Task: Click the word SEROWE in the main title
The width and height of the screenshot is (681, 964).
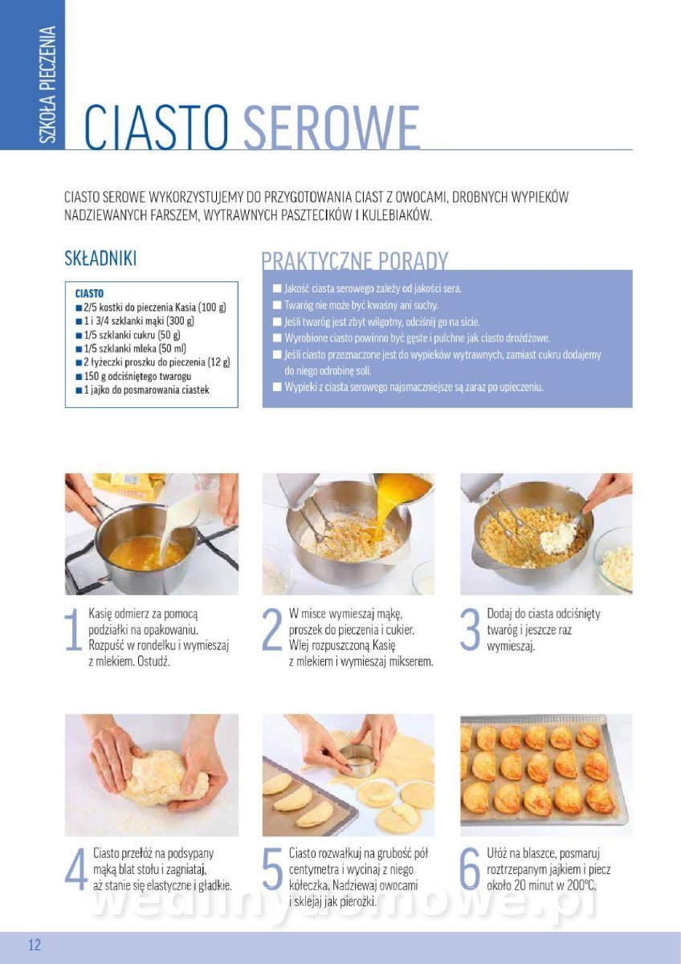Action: (x=331, y=127)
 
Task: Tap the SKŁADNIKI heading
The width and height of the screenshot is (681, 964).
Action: (x=100, y=258)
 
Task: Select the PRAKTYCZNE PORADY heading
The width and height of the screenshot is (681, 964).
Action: (x=355, y=261)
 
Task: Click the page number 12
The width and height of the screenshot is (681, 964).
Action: (x=35, y=945)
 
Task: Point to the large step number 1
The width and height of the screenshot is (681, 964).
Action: (x=74, y=629)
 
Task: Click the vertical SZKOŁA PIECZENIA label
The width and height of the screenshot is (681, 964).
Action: (x=47, y=85)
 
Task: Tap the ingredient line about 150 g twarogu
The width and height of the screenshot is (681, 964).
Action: (x=133, y=377)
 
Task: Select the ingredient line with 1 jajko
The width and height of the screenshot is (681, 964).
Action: (x=142, y=390)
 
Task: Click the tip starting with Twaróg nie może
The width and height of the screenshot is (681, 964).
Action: (x=361, y=305)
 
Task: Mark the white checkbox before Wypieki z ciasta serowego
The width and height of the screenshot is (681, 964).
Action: (x=277, y=387)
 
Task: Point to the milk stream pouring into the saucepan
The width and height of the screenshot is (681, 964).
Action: (x=178, y=523)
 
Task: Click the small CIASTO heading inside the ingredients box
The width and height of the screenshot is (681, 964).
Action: (x=89, y=293)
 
